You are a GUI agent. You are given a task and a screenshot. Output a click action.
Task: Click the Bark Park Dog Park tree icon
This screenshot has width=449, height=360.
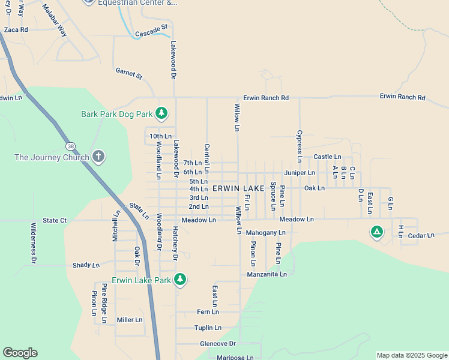[161, 113]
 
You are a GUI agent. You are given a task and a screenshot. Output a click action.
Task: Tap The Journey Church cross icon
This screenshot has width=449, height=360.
[99, 157]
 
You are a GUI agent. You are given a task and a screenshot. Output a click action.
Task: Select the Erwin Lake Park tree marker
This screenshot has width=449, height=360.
[179, 279]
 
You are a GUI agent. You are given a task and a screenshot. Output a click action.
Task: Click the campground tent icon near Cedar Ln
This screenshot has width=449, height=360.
[376, 232]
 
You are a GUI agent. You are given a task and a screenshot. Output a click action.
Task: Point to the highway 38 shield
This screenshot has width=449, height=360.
[71, 146]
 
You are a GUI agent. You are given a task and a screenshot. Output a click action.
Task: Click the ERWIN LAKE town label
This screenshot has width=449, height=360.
[238, 188]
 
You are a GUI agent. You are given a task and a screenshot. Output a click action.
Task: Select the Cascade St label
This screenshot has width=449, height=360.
[151, 30]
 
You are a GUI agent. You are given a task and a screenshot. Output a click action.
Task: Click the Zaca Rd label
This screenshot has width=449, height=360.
[16, 29]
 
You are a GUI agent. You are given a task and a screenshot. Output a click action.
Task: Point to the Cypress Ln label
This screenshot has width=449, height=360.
[299, 146]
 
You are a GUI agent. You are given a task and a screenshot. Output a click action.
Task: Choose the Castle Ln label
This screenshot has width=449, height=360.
[327, 157]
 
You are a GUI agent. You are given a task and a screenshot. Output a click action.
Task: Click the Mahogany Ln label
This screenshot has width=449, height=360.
[265, 232]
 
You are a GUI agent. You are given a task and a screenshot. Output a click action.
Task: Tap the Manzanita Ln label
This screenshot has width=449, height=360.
[267, 274]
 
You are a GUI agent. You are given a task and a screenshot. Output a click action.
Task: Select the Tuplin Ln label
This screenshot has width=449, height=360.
[208, 328]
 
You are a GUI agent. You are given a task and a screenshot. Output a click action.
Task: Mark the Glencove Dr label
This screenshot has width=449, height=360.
[218, 344]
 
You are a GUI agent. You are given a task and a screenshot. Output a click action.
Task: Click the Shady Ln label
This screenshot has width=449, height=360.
[86, 265]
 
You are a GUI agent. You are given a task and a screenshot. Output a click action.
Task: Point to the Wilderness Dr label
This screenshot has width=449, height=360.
[34, 243]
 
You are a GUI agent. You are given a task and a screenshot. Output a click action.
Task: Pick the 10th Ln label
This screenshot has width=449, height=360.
[160, 136]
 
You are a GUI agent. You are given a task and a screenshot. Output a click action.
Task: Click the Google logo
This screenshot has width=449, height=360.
[20, 353]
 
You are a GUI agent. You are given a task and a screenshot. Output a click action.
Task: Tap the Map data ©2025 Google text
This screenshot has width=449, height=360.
[411, 355]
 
